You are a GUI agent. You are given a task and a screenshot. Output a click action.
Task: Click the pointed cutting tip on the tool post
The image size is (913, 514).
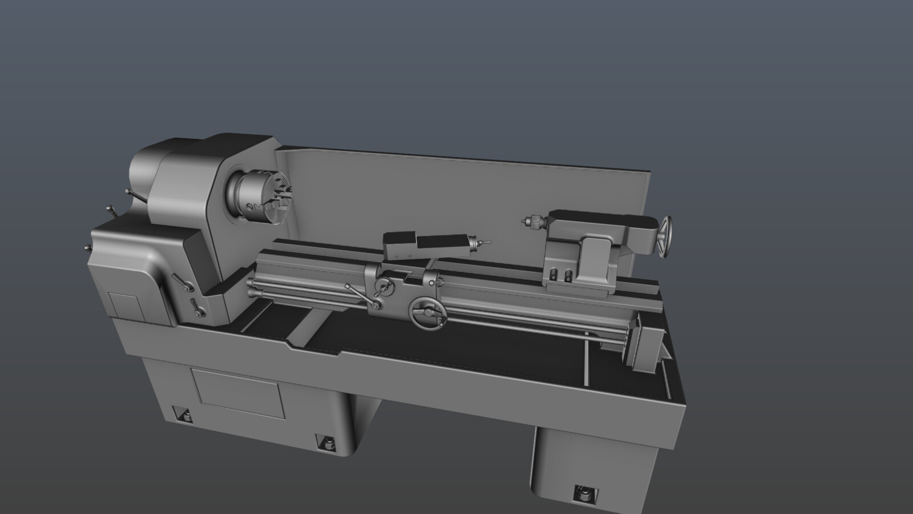[484, 243]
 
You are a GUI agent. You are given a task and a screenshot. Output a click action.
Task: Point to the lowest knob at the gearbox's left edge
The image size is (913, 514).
[87, 248]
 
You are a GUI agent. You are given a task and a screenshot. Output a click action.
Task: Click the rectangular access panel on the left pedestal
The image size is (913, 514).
[237, 393]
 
